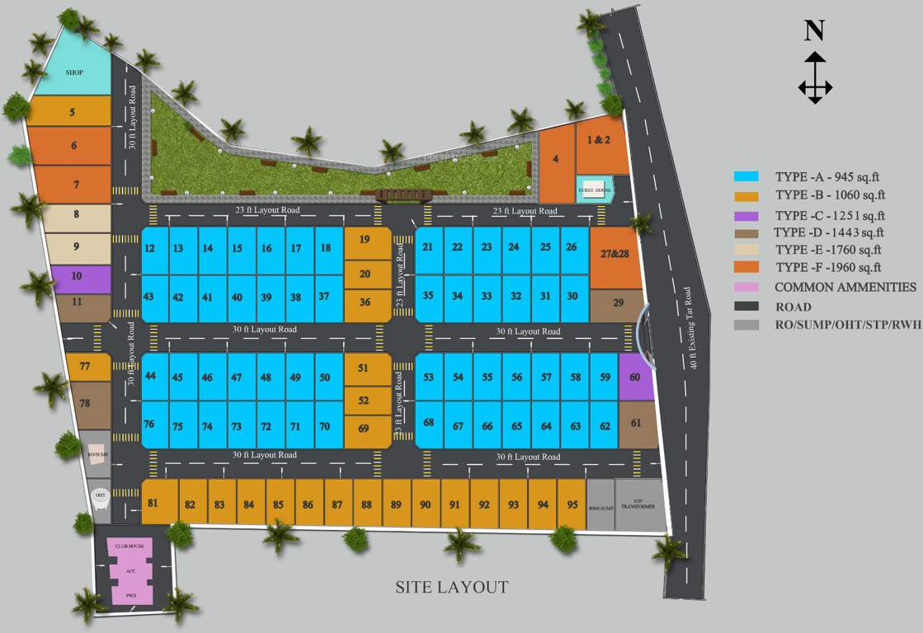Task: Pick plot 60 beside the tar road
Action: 635,377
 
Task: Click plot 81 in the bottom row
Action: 159,501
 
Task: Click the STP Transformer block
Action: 638,504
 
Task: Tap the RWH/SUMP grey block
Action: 600,504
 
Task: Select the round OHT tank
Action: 100,496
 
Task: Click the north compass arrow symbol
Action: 815,77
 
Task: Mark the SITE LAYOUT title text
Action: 451,587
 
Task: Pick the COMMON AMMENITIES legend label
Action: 845,287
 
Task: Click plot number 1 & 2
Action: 599,141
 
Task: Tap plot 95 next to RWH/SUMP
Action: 572,504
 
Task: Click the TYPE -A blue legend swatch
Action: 746,176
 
